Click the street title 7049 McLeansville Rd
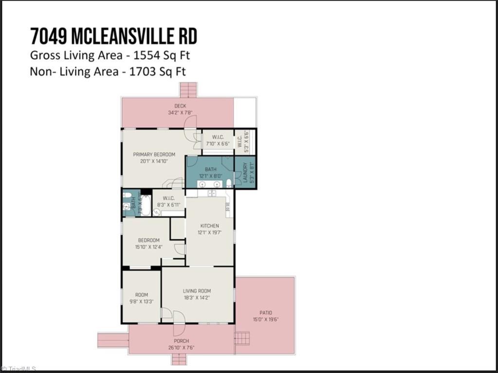point(113,36)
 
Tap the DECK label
point(180,106)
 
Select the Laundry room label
point(245,173)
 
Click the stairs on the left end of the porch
point(112,340)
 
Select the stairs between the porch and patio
point(242,337)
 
